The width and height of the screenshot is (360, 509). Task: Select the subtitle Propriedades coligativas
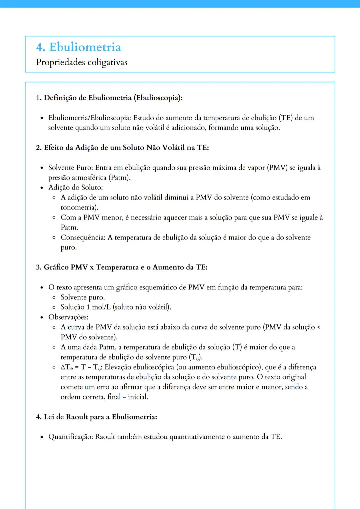point(81,62)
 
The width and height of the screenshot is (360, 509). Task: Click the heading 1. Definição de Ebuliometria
point(109,98)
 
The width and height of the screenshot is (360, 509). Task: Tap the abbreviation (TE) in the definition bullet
point(285,118)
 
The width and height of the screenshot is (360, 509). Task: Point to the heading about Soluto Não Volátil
point(122,148)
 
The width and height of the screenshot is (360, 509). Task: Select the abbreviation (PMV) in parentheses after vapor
point(277,168)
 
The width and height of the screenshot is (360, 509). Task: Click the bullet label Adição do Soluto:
point(75,188)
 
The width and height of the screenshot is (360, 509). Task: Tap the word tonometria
point(79,208)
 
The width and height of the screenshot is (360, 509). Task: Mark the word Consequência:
point(83,238)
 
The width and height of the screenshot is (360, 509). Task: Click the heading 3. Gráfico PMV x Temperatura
point(122,267)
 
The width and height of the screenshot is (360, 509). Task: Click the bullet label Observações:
point(68,317)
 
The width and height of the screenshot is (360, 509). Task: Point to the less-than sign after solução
point(318,327)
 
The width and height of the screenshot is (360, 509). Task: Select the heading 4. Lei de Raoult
point(96,417)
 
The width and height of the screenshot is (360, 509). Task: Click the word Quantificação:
point(71,437)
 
